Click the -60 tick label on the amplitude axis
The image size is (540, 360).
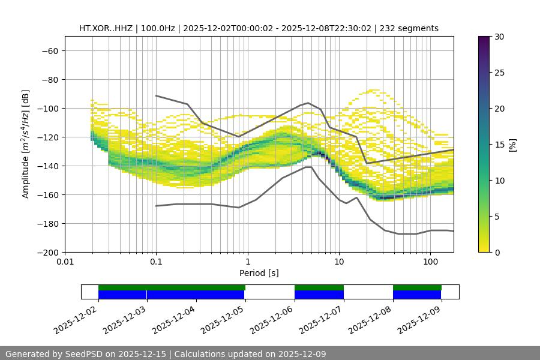[49, 50]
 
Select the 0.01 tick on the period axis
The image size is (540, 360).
[65, 262]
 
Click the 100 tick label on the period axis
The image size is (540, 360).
[430, 262]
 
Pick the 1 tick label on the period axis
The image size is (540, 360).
[248, 262]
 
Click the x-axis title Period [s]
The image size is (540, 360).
[259, 273]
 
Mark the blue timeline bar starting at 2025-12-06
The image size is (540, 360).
[319, 295]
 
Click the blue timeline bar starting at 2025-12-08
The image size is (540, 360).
[417, 295]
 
